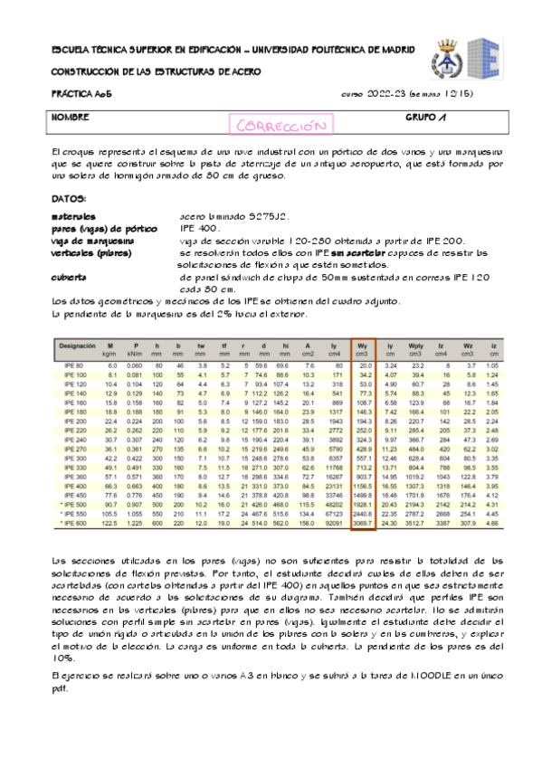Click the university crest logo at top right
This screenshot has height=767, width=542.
[x=449, y=56]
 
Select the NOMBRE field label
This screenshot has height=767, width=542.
[x=70, y=118]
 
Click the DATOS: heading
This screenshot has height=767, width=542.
[x=69, y=197]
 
